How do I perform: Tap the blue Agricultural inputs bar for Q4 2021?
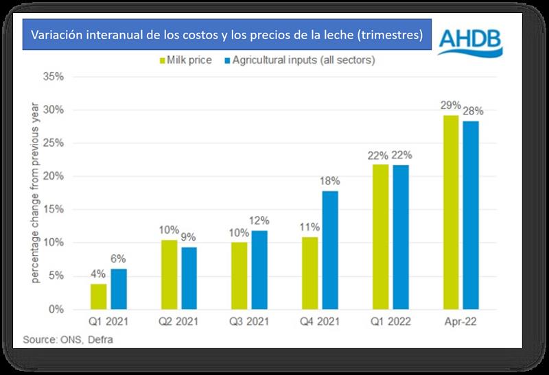[x=330, y=250]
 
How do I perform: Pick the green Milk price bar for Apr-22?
[x=451, y=213]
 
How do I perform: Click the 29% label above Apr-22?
[x=451, y=105]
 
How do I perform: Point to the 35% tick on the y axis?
[x=53, y=77]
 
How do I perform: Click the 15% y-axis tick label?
[x=53, y=210]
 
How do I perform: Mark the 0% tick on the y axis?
[x=56, y=310]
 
